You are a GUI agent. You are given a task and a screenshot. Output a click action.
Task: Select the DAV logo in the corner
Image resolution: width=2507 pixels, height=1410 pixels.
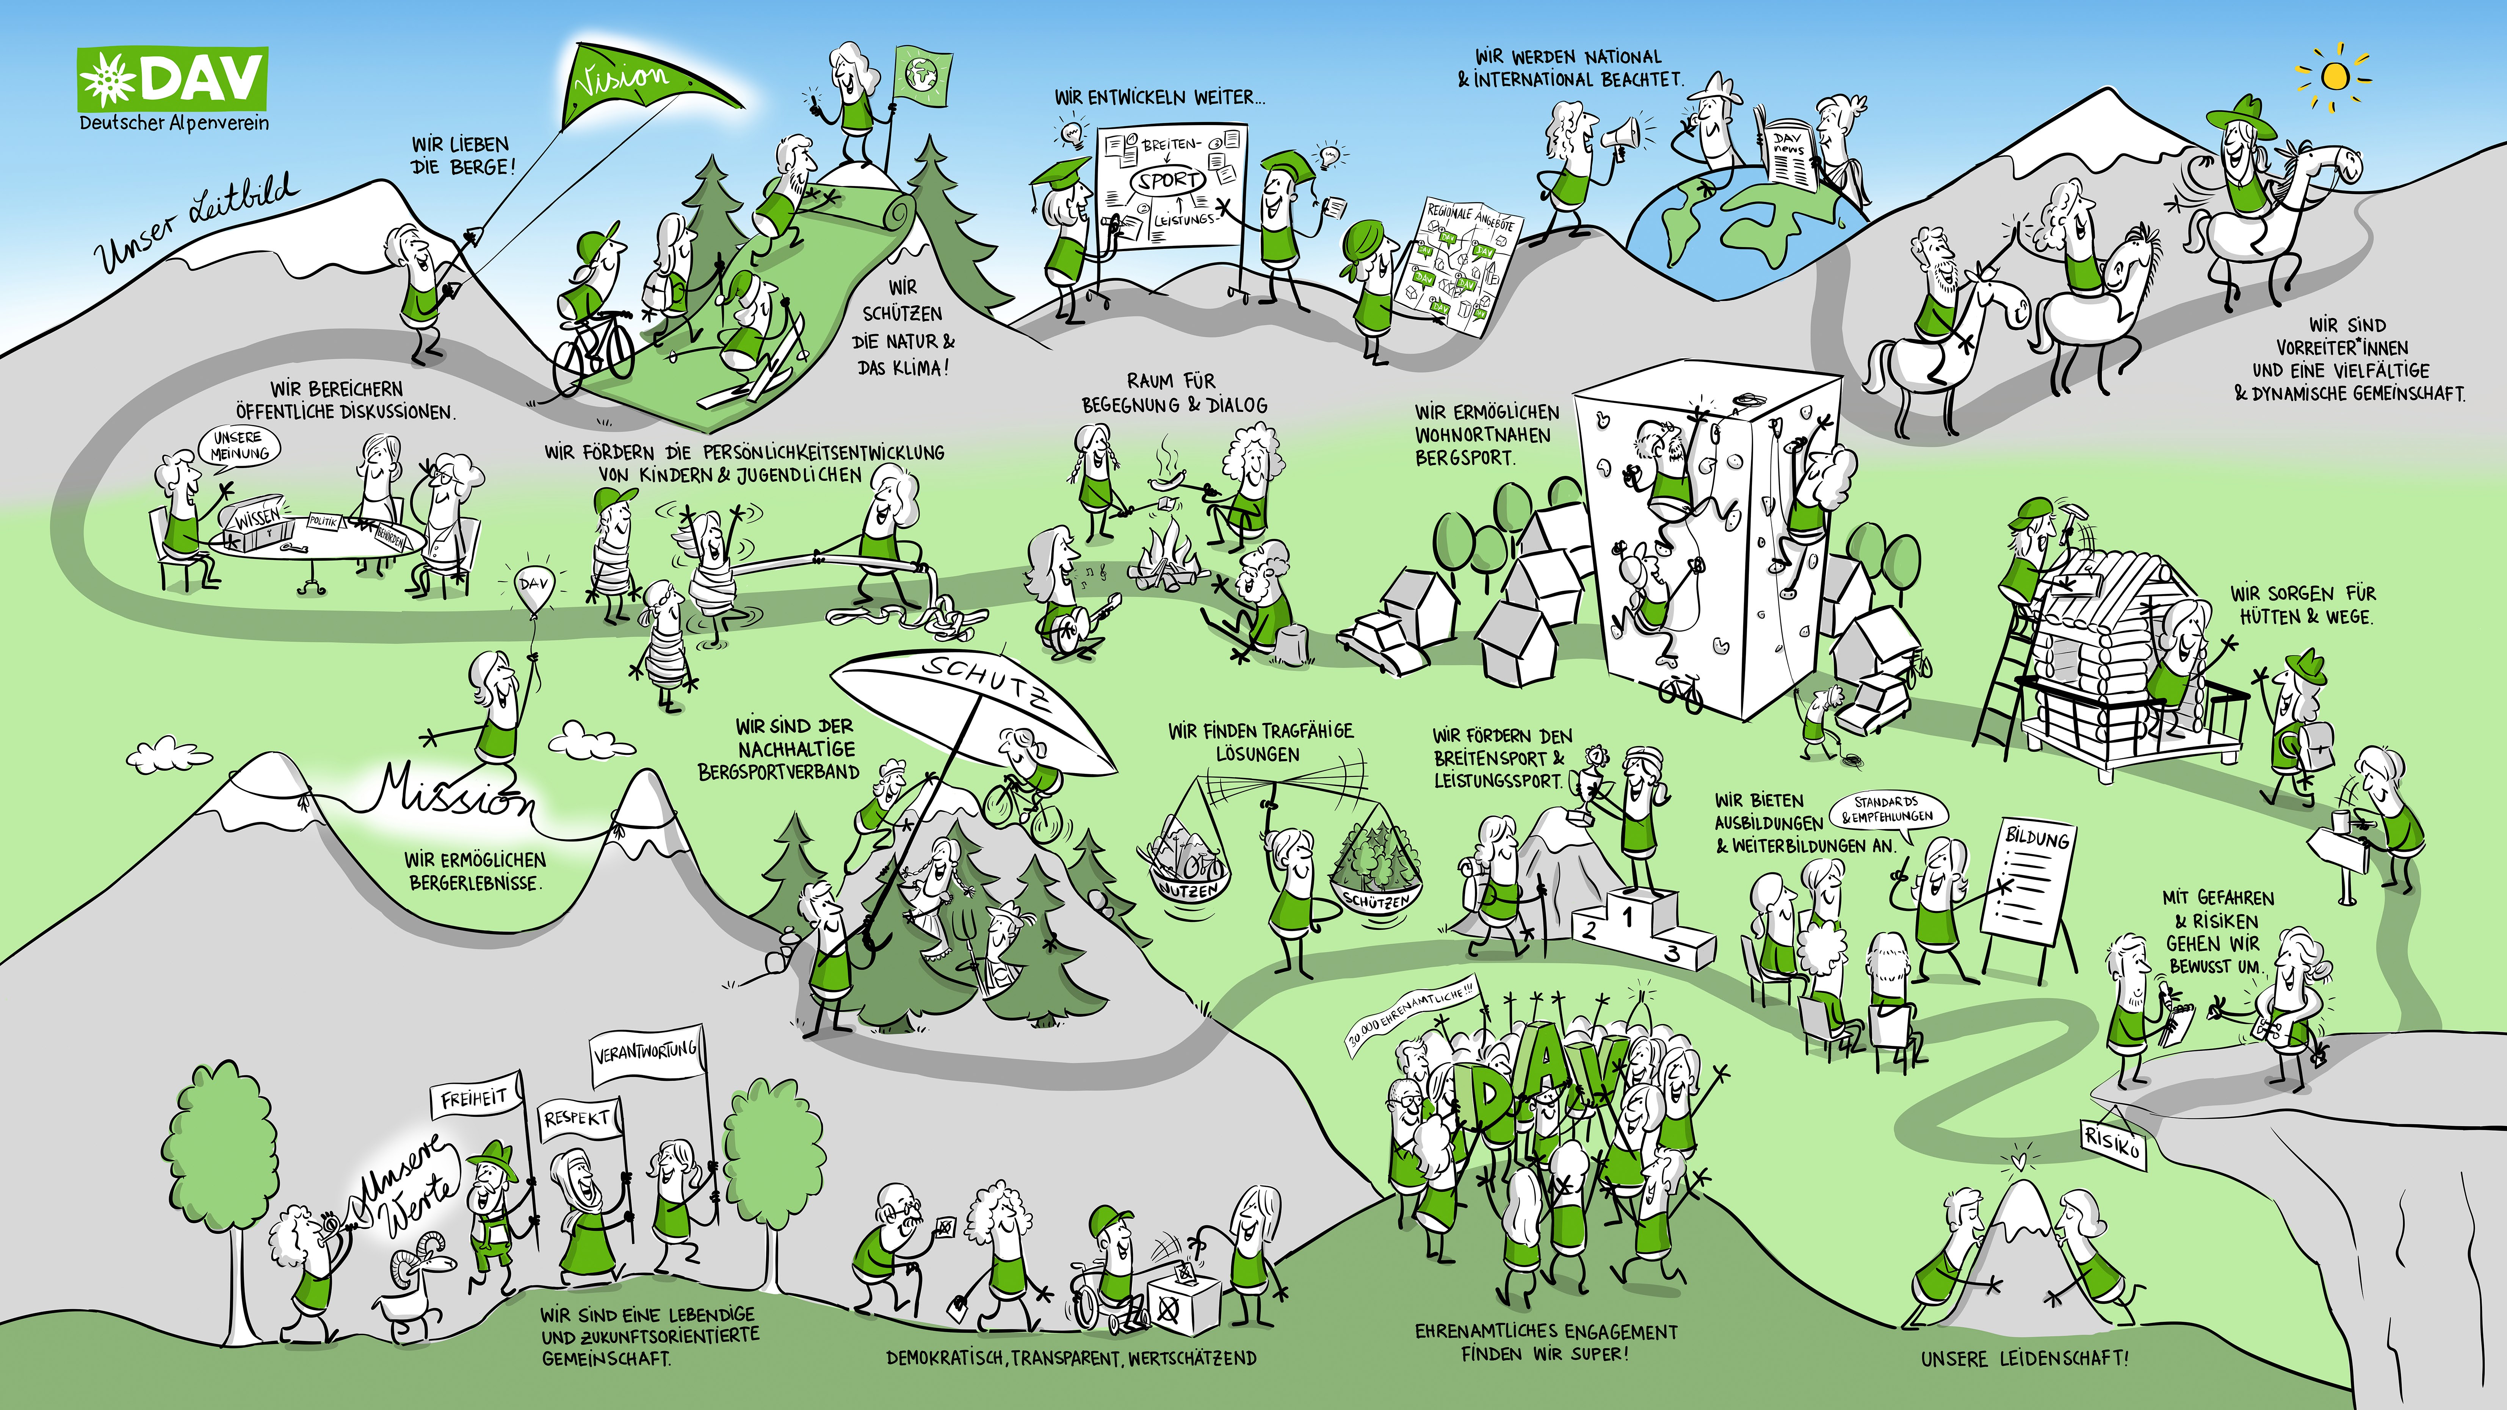tap(172, 80)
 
